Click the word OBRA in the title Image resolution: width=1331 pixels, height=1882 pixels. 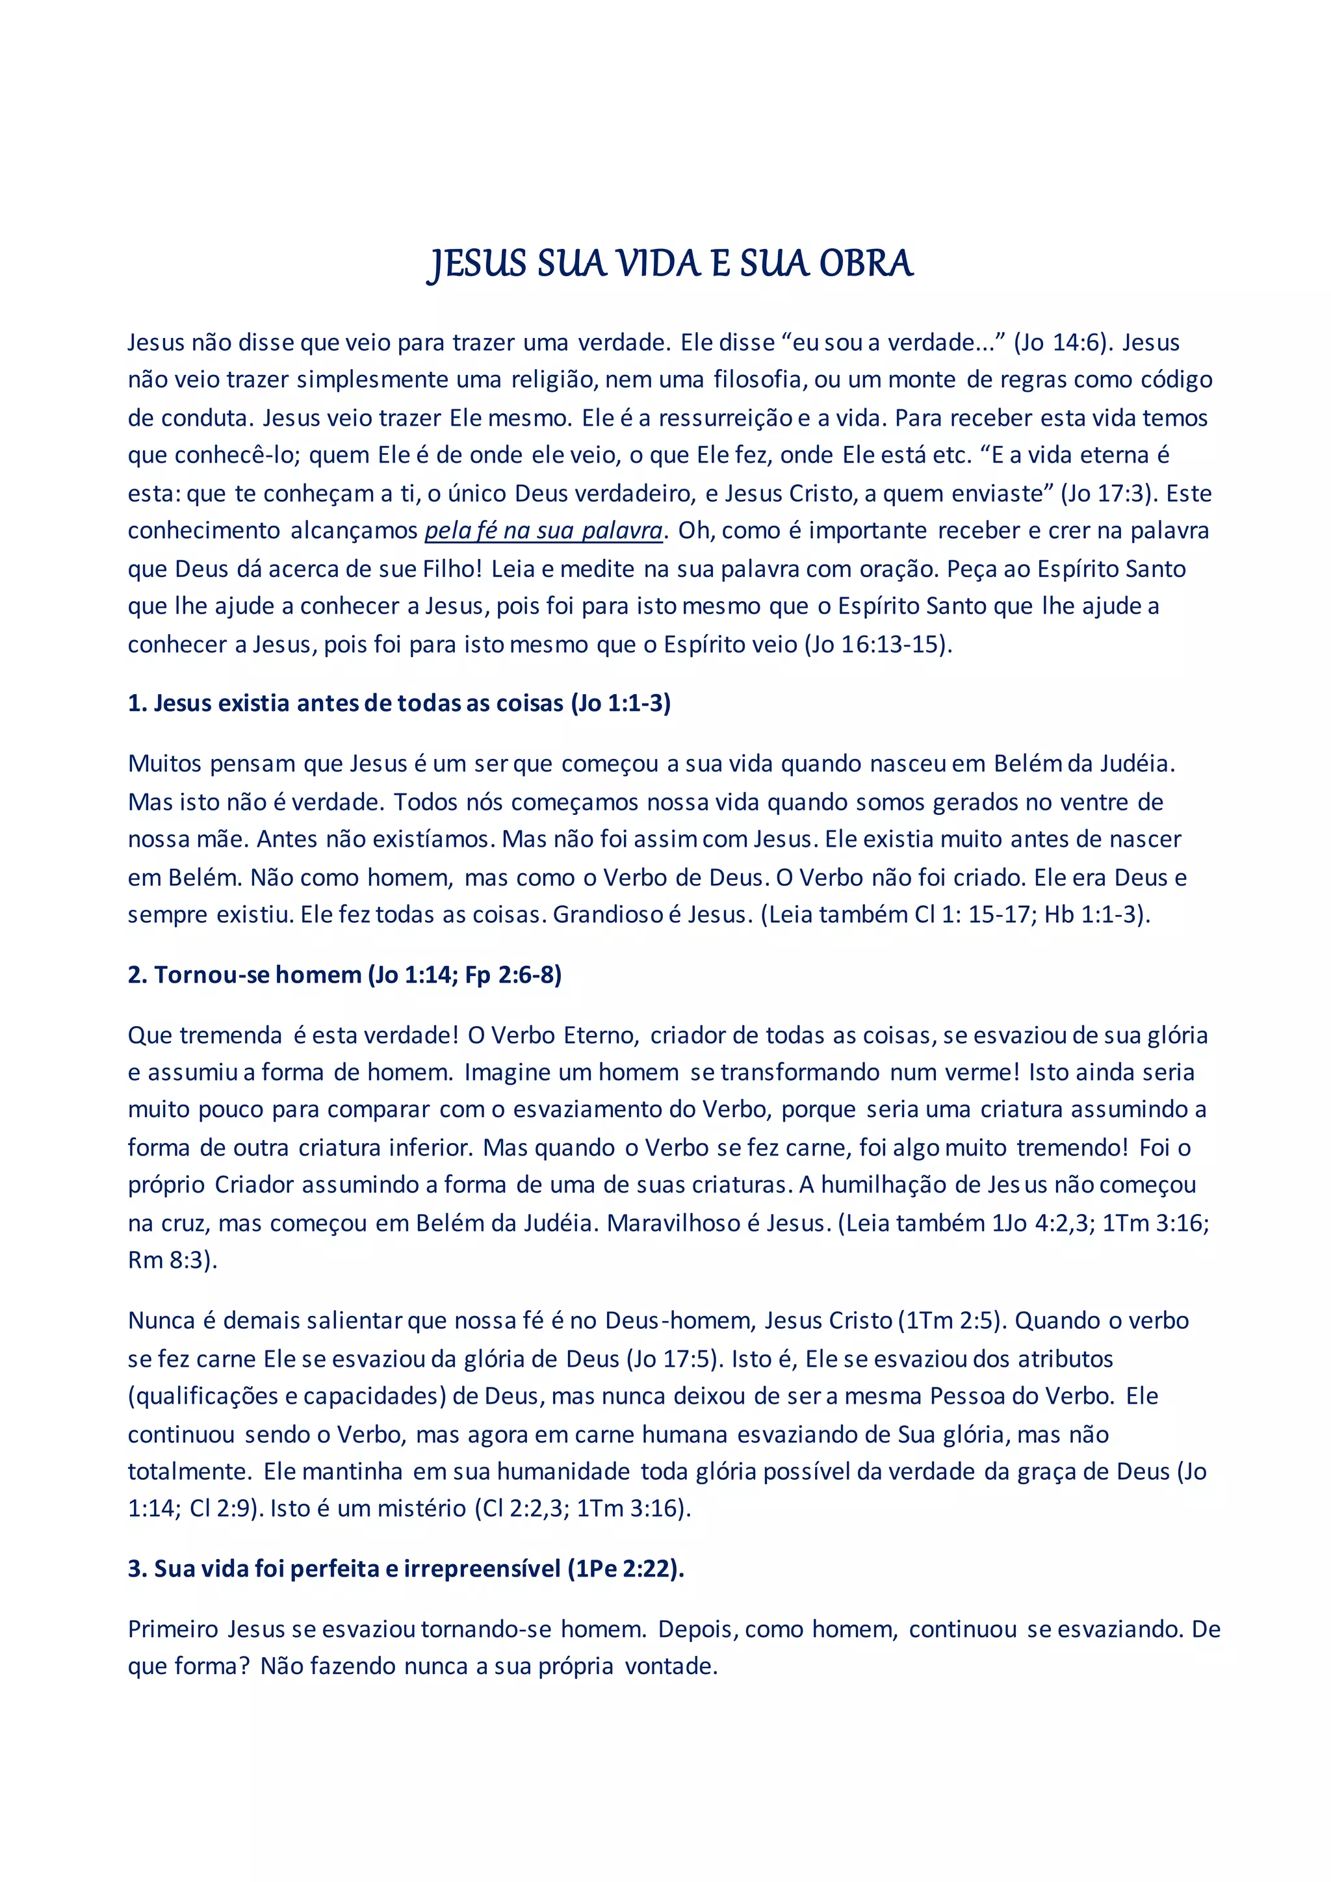pos(866,264)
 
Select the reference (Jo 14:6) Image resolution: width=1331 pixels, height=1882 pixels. pos(1064,342)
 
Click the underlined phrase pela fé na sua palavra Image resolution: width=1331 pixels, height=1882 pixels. pos(543,531)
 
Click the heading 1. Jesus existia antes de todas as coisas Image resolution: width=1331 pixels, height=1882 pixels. pos(399,703)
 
